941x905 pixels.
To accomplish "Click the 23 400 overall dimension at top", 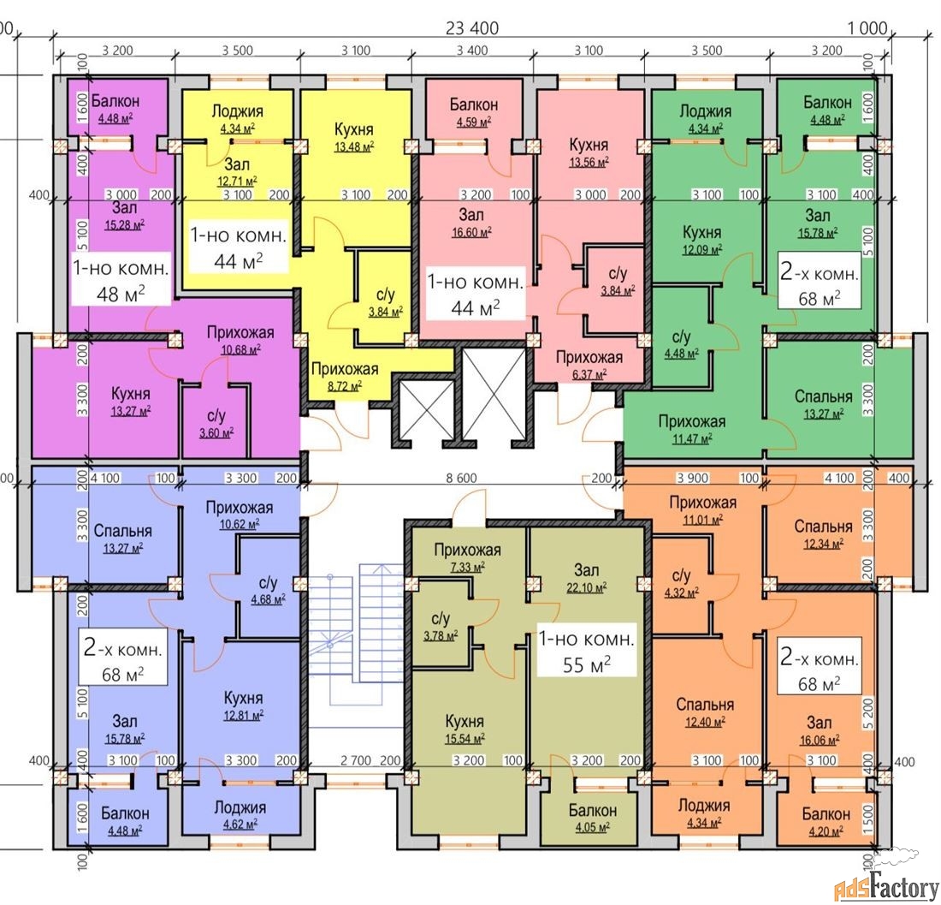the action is click(472, 27).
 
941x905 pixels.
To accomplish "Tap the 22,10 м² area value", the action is click(586, 588).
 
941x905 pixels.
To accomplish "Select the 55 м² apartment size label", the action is click(586, 664).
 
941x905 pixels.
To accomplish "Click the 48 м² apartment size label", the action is click(121, 293).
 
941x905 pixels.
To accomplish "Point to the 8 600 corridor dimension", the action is click(461, 478).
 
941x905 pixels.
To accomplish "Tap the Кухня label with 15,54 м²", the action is click(465, 721).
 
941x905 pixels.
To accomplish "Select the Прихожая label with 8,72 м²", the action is click(345, 369).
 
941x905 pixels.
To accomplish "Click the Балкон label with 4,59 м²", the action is click(474, 104).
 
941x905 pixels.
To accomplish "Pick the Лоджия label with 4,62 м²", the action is click(240, 807).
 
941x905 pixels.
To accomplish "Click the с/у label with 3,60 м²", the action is click(216, 415).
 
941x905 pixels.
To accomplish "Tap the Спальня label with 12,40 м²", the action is click(705, 705).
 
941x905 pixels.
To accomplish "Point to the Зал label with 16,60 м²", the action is click(471, 214).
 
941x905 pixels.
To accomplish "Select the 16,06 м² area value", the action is click(820, 741).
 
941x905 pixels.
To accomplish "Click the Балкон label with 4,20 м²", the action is click(826, 814).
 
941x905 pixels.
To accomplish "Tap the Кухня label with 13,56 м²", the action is click(589, 145).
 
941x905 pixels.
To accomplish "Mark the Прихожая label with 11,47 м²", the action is click(692, 421).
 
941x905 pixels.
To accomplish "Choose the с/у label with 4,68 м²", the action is click(269, 582).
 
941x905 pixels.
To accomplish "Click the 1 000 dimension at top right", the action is click(867, 27).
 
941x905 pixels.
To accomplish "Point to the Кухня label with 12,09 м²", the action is click(701, 232).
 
